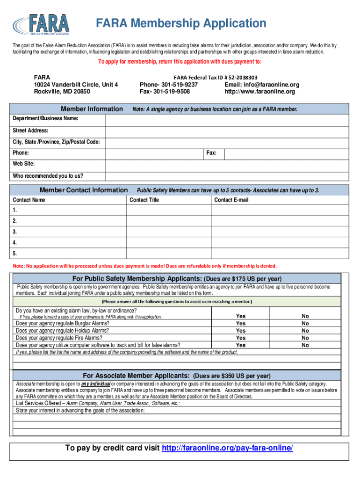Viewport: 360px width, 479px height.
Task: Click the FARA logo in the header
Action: [x=42, y=25]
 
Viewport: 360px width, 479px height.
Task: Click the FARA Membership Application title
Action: [x=181, y=23]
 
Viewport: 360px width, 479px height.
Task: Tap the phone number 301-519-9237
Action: [x=169, y=85]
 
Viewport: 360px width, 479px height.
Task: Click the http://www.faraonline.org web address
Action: [x=260, y=92]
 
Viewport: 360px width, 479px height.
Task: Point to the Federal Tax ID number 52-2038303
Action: [x=216, y=77]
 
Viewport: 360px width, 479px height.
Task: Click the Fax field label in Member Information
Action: [x=211, y=153]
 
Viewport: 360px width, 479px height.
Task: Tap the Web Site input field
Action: [x=227, y=165]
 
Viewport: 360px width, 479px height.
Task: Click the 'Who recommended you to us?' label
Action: [x=48, y=176]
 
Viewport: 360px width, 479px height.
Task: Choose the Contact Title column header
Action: [x=144, y=200]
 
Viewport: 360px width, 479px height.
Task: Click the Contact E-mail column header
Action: [x=231, y=200]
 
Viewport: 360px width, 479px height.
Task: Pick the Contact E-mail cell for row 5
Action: [x=280, y=254]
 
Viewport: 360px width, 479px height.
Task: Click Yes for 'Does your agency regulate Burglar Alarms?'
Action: [x=241, y=323]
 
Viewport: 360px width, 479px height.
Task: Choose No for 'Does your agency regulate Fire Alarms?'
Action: [x=305, y=338]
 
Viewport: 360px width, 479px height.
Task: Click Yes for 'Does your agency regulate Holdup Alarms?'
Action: [x=241, y=331]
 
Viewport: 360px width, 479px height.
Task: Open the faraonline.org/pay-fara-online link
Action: [x=227, y=449]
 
